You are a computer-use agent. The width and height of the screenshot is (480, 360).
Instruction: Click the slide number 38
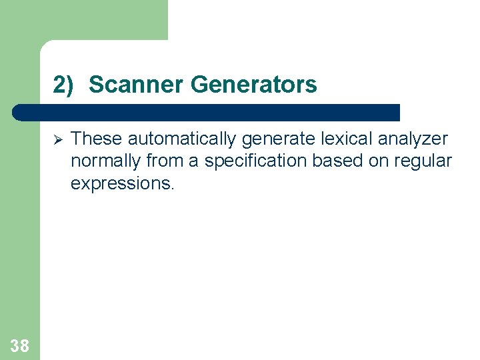pyautogui.click(x=20, y=345)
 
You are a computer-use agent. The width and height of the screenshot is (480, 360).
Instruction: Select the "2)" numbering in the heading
pyautogui.click(x=64, y=85)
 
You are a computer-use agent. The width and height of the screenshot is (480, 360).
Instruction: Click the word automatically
pyautogui.click(x=183, y=139)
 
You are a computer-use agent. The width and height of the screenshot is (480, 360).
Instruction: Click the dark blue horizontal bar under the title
pyautogui.click(x=207, y=112)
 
